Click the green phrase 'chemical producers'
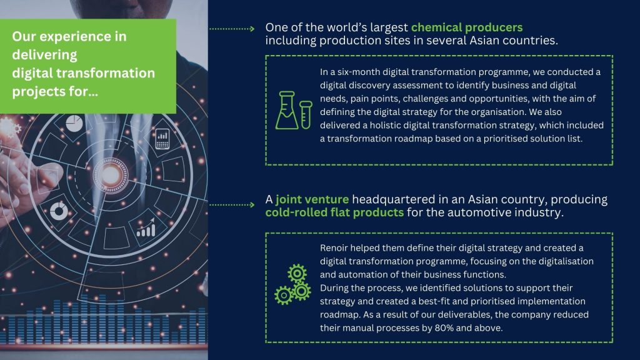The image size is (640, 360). tap(466, 27)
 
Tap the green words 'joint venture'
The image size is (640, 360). tap(312, 199)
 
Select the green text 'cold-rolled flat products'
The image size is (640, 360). tap(334, 212)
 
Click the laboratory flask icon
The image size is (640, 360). tap(286, 110)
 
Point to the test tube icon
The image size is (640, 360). tap(306, 115)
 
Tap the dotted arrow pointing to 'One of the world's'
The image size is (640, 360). tap(232, 29)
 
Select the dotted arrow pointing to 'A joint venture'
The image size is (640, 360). tap(232, 204)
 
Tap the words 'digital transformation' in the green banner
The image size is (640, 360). tap(84, 73)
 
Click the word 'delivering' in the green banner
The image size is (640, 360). tap(44, 55)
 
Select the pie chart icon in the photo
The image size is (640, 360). tap(74, 123)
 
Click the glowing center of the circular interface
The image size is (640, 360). tap(110, 176)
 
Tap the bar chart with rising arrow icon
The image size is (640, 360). tap(146, 227)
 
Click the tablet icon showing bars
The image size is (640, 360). tap(162, 139)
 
